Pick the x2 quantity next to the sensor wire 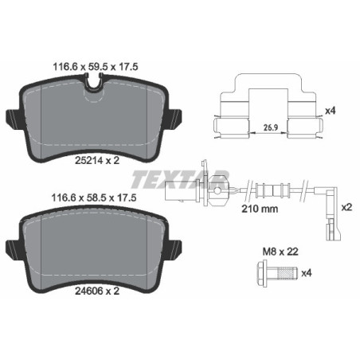pyautogui.click(x=346, y=205)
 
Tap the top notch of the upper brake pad pyautogui.click(x=97, y=95)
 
